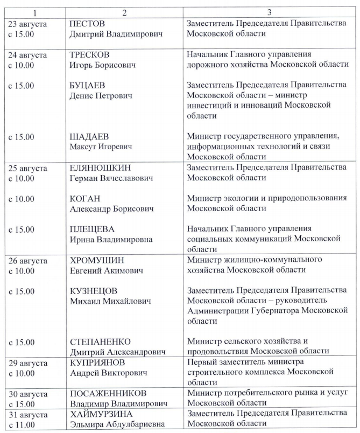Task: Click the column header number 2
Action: [x=124, y=12]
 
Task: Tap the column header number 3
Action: [x=267, y=12]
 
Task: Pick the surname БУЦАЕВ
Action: [x=89, y=86]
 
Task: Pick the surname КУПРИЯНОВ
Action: [x=98, y=362]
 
